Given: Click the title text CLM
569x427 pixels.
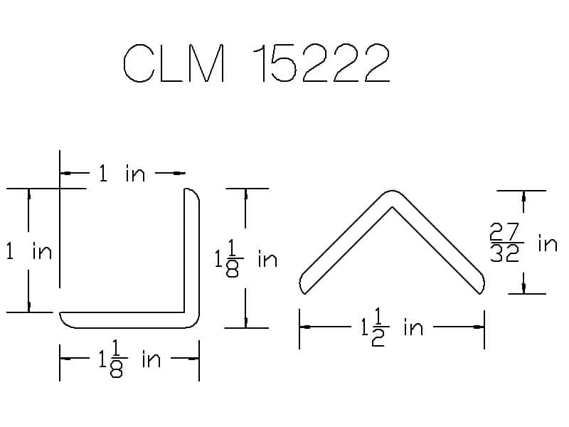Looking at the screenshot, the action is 174,63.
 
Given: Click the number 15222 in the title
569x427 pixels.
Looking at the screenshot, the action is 321,63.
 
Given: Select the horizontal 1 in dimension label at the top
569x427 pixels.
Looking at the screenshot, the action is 122,173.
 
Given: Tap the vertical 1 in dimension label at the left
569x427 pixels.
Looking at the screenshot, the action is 29,251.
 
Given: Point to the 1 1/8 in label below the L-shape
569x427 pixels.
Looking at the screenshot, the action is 129,359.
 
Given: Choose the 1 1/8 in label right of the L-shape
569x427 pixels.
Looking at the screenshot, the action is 246,259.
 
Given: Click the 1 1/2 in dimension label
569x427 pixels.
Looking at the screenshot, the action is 393,327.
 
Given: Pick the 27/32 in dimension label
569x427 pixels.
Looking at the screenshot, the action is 523,243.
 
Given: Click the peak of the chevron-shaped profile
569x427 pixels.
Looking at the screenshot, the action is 392,191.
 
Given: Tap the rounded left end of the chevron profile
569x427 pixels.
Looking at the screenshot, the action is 302,283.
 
